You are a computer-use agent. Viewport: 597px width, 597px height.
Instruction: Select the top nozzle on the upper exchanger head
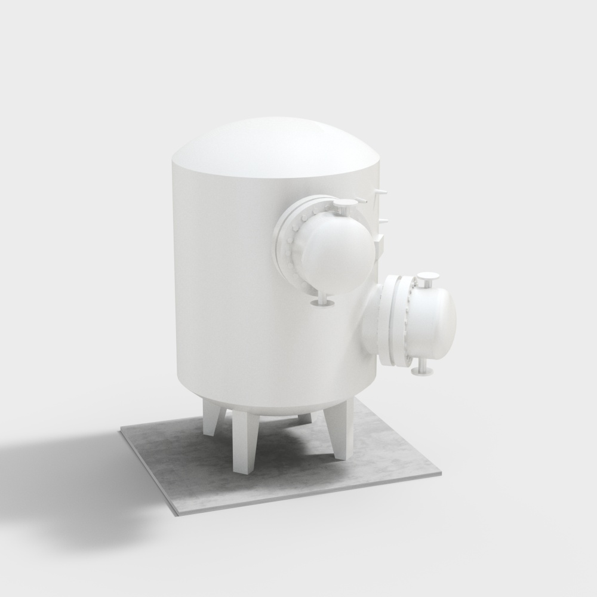click(343, 207)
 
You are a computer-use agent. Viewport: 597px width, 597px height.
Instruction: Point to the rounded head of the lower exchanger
click(433, 322)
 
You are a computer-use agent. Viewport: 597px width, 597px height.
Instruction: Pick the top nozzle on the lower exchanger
click(427, 278)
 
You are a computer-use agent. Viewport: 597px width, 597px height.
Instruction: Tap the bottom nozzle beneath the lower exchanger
click(423, 371)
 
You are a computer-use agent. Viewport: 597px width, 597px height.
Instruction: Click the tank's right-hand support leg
click(343, 427)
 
